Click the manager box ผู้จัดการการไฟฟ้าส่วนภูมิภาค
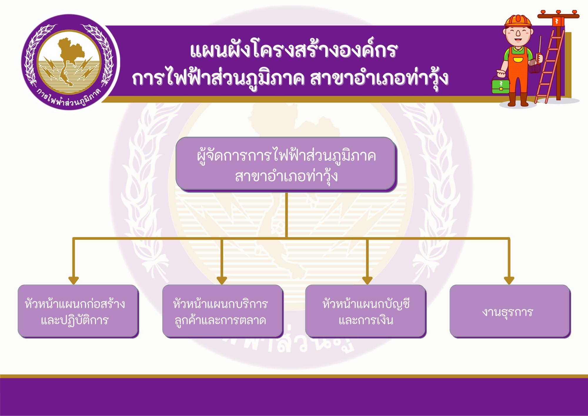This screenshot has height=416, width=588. pos(286,164)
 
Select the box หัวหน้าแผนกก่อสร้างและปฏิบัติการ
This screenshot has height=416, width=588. pos(78,311)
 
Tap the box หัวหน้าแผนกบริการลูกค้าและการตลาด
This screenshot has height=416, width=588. pos(223,311)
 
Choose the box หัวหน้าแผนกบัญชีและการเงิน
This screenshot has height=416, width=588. pos(366,311)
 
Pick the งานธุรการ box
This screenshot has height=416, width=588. pos(510,311)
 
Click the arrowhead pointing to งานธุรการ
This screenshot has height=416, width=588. pos(509,280)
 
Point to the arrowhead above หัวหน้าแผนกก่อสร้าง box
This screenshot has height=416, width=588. pos(73,280)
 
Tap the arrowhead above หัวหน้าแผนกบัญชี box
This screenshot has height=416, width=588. pos(367,280)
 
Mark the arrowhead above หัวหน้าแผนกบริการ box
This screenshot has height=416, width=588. pos(222,280)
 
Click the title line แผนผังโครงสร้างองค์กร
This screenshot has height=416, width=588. pos(294,50)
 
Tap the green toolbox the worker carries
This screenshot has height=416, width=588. pos(500,84)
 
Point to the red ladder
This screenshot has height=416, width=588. pos(549,66)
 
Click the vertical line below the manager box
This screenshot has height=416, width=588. pos(286,215)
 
